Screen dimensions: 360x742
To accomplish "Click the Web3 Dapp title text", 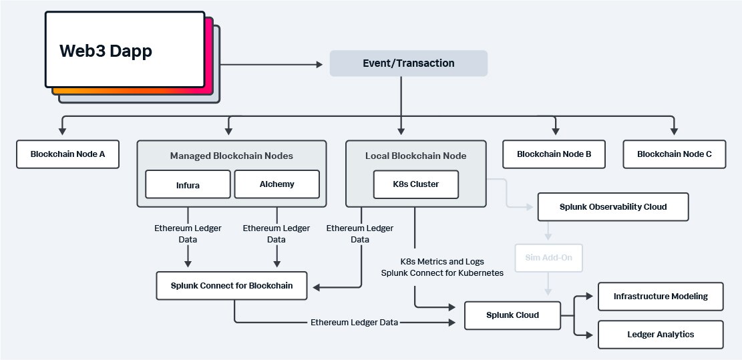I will [x=106, y=51].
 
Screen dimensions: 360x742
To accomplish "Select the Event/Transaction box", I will [x=408, y=63].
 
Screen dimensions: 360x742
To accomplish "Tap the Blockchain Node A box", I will [x=67, y=154].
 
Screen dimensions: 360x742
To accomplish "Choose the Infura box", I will [x=187, y=184].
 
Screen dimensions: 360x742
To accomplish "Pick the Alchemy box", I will [x=276, y=184].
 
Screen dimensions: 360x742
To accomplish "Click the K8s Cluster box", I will [x=415, y=184].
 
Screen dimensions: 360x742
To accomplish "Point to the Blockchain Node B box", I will [x=554, y=154].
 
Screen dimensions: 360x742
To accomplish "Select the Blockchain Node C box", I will [x=674, y=154].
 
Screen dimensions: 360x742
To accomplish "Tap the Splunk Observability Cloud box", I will [x=612, y=207].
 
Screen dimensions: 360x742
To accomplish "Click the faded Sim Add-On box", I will [x=548, y=258].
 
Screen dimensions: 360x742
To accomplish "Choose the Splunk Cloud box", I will [x=512, y=315].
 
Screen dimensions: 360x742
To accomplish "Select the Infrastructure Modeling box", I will [x=660, y=297].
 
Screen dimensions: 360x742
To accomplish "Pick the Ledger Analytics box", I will [x=660, y=335].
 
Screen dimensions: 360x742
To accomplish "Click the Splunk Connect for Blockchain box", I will [x=234, y=285].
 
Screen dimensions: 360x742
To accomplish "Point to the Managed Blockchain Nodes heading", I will [x=231, y=156].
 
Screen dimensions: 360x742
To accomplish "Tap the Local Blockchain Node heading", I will [x=415, y=156].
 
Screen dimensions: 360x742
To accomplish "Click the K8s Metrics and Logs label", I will [x=442, y=261].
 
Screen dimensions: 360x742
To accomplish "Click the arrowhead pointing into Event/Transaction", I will [x=319, y=64].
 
